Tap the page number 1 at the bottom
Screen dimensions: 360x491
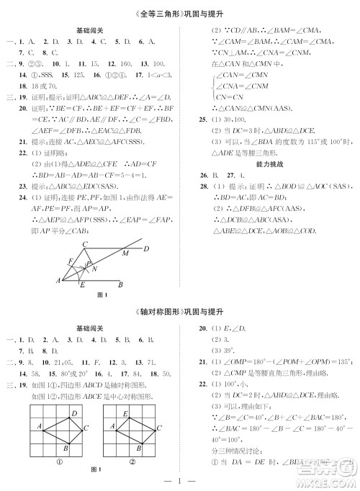point(179,479)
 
